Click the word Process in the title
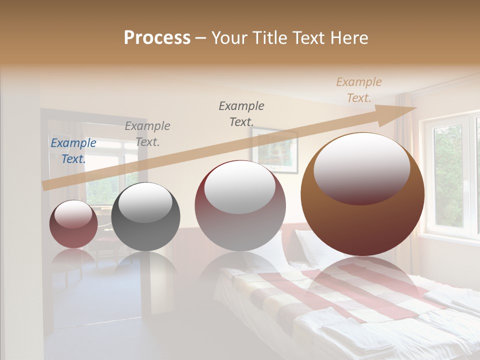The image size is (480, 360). tap(157, 38)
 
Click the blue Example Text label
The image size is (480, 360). tap(73, 151)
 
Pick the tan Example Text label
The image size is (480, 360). tap(358, 90)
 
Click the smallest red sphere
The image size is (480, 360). tap(73, 224)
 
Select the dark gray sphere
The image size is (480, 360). tap(145, 216)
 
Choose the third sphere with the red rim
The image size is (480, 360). tap(240, 205)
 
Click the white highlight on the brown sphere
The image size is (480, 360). tap(361, 169)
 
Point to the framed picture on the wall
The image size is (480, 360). tap(274, 149)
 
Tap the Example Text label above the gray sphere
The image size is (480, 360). tap(147, 134)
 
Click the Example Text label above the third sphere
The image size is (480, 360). tap(241, 114)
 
